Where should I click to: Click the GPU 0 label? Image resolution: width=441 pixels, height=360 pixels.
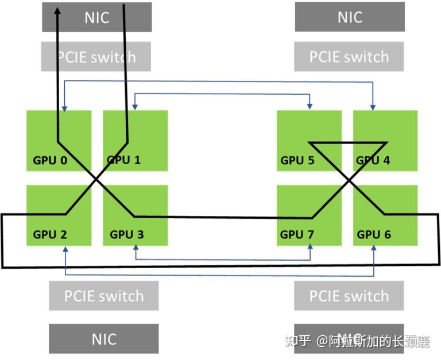(50, 160)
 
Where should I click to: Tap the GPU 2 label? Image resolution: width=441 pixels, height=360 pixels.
(50, 234)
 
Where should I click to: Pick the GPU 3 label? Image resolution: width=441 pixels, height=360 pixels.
(127, 234)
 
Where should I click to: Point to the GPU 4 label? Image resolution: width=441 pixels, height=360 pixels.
(373, 160)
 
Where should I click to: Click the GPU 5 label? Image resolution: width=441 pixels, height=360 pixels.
(297, 160)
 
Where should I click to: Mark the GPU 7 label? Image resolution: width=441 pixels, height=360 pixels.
(297, 234)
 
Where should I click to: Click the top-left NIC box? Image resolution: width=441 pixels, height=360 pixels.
(96, 17)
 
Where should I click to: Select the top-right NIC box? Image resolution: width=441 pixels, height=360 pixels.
(349, 17)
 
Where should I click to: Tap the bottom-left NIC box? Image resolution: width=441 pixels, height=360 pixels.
(103, 339)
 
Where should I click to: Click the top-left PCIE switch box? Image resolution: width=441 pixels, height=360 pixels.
(96, 57)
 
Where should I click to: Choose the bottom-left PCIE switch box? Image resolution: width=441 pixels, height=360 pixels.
(103, 296)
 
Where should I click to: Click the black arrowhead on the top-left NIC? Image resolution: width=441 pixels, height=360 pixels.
(58, 11)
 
